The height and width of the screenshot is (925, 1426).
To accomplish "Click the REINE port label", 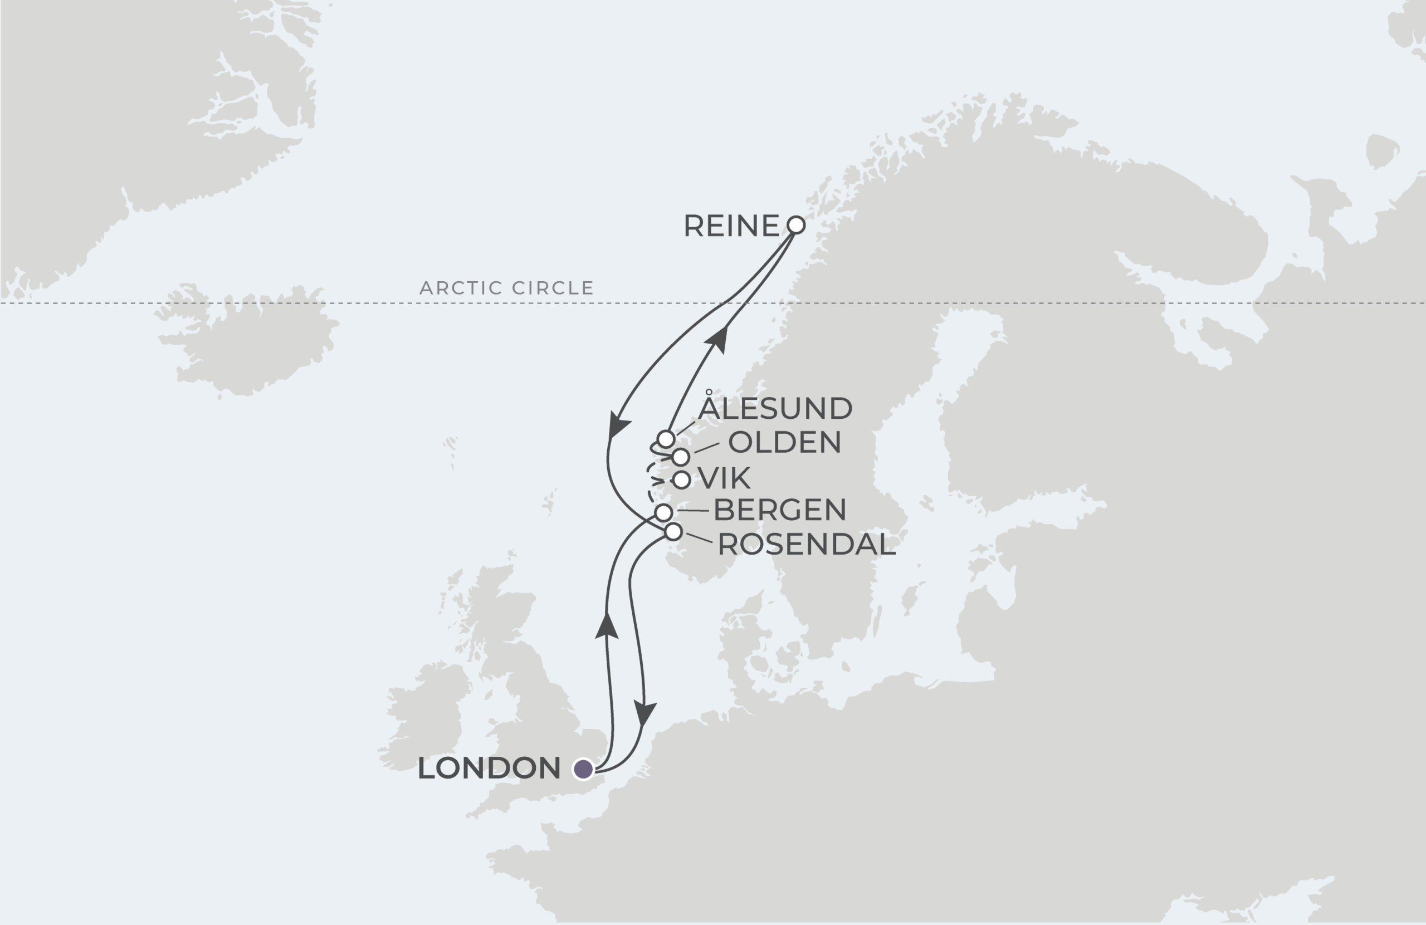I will [x=731, y=226].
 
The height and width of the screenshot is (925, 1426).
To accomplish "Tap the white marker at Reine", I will [x=795, y=224].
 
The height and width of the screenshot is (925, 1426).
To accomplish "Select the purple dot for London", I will [x=583, y=769].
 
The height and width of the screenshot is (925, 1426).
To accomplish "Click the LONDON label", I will [x=489, y=769].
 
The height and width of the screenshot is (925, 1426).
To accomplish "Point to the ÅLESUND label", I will [x=775, y=408].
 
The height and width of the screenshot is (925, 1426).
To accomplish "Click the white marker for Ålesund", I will [x=666, y=438].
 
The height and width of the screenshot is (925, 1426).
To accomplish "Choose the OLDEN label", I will [x=784, y=442].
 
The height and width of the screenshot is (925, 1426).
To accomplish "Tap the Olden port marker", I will [x=680, y=457].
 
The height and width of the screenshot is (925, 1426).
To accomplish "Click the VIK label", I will [x=724, y=479].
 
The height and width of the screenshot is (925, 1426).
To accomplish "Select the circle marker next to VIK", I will [x=681, y=479].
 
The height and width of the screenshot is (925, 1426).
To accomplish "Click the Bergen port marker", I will [x=663, y=512].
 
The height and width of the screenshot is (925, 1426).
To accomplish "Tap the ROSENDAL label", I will [x=806, y=544].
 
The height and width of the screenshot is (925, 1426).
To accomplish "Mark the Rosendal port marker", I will [x=673, y=531].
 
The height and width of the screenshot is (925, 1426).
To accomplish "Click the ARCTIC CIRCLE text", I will [x=506, y=288].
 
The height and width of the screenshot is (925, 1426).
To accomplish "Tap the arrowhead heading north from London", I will [x=607, y=626].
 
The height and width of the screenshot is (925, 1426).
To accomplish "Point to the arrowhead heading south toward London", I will [x=645, y=713].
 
